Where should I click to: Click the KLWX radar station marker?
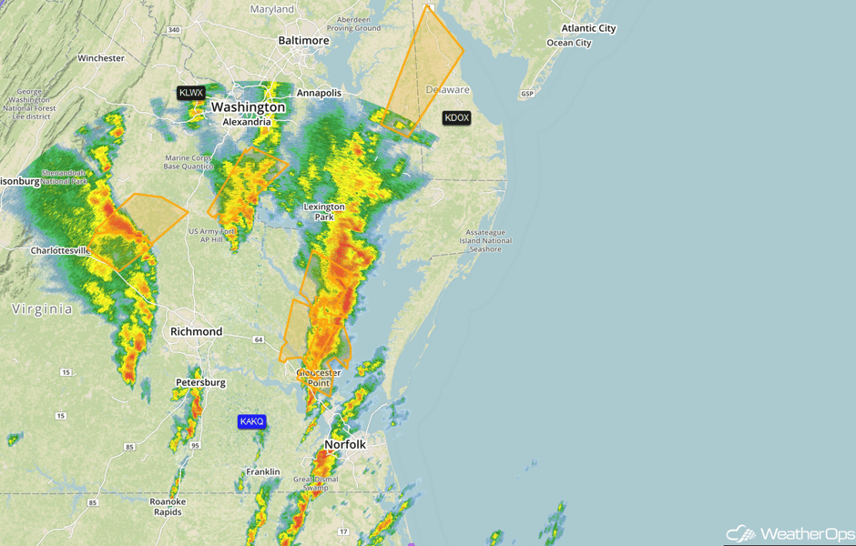(x=191, y=93)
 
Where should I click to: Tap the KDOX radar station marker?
(x=457, y=117)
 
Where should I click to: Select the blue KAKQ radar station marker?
(x=251, y=421)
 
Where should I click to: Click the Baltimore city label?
(x=303, y=41)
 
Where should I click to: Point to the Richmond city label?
(x=196, y=332)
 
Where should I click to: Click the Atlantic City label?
(x=588, y=28)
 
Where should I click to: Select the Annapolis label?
(x=319, y=93)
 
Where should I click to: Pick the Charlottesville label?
(x=60, y=250)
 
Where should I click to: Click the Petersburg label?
(x=200, y=382)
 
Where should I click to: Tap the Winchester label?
(x=101, y=58)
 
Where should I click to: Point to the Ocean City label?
(x=568, y=43)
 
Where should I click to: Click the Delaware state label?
(x=448, y=90)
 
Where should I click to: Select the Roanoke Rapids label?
(x=168, y=507)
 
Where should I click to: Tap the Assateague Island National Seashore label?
(x=485, y=240)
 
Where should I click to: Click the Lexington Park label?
(x=324, y=212)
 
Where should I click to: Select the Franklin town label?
(x=262, y=472)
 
